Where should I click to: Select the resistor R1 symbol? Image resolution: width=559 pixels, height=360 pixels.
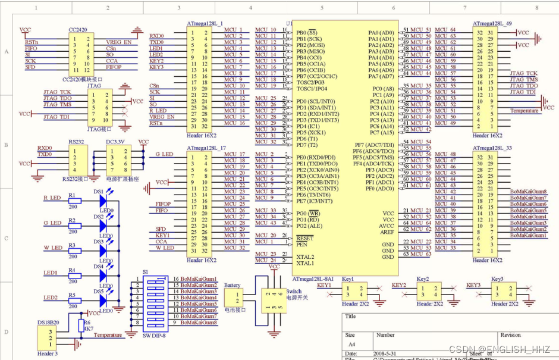pos(74,201)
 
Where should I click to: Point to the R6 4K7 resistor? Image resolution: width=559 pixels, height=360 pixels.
pos(80,325)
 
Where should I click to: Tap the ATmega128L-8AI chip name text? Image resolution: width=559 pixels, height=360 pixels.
pos(316,278)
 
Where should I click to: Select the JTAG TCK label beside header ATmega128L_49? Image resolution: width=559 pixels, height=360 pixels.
pos(523,73)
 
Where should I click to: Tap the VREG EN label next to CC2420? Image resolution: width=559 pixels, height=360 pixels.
pos(119,42)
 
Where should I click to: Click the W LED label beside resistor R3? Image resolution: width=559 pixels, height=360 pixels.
pos(52,248)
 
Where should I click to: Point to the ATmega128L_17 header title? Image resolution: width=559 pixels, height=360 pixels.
pos(205,148)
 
